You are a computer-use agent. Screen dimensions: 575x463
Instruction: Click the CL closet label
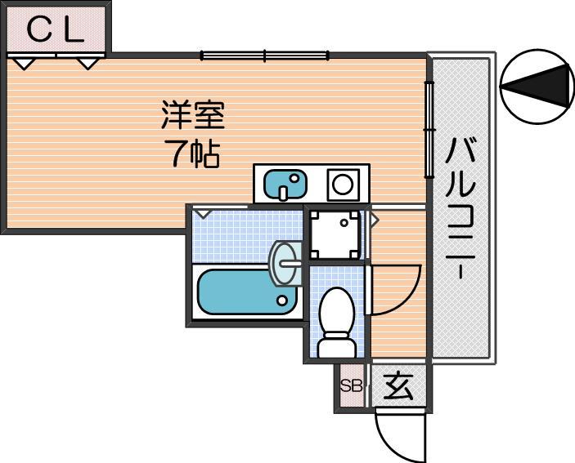tap(56, 29)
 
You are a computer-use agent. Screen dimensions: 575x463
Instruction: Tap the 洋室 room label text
tap(193, 114)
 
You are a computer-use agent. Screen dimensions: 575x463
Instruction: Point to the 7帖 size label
tap(191, 154)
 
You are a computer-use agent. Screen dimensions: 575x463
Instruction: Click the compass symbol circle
tap(537, 87)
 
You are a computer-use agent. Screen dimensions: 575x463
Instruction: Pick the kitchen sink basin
tap(285, 185)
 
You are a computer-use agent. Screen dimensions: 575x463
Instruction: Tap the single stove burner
tap(344, 184)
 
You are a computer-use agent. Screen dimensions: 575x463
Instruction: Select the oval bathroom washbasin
tap(285, 263)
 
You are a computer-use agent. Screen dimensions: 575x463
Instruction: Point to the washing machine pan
tap(335, 234)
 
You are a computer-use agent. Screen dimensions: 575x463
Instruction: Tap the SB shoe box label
tap(351, 385)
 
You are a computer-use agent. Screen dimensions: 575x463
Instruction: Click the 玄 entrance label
tap(398, 386)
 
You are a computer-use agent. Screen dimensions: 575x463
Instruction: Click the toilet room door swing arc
tap(407, 302)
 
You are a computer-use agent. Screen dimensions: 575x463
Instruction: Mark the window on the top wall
tap(264, 56)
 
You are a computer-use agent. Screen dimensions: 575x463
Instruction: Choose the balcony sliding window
tap(429, 130)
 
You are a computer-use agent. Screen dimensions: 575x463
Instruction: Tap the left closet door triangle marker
tap(25, 64)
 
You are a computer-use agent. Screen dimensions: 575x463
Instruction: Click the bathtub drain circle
tap(282, 301)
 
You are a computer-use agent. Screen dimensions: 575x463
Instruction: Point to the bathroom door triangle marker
tap(202, 214)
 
